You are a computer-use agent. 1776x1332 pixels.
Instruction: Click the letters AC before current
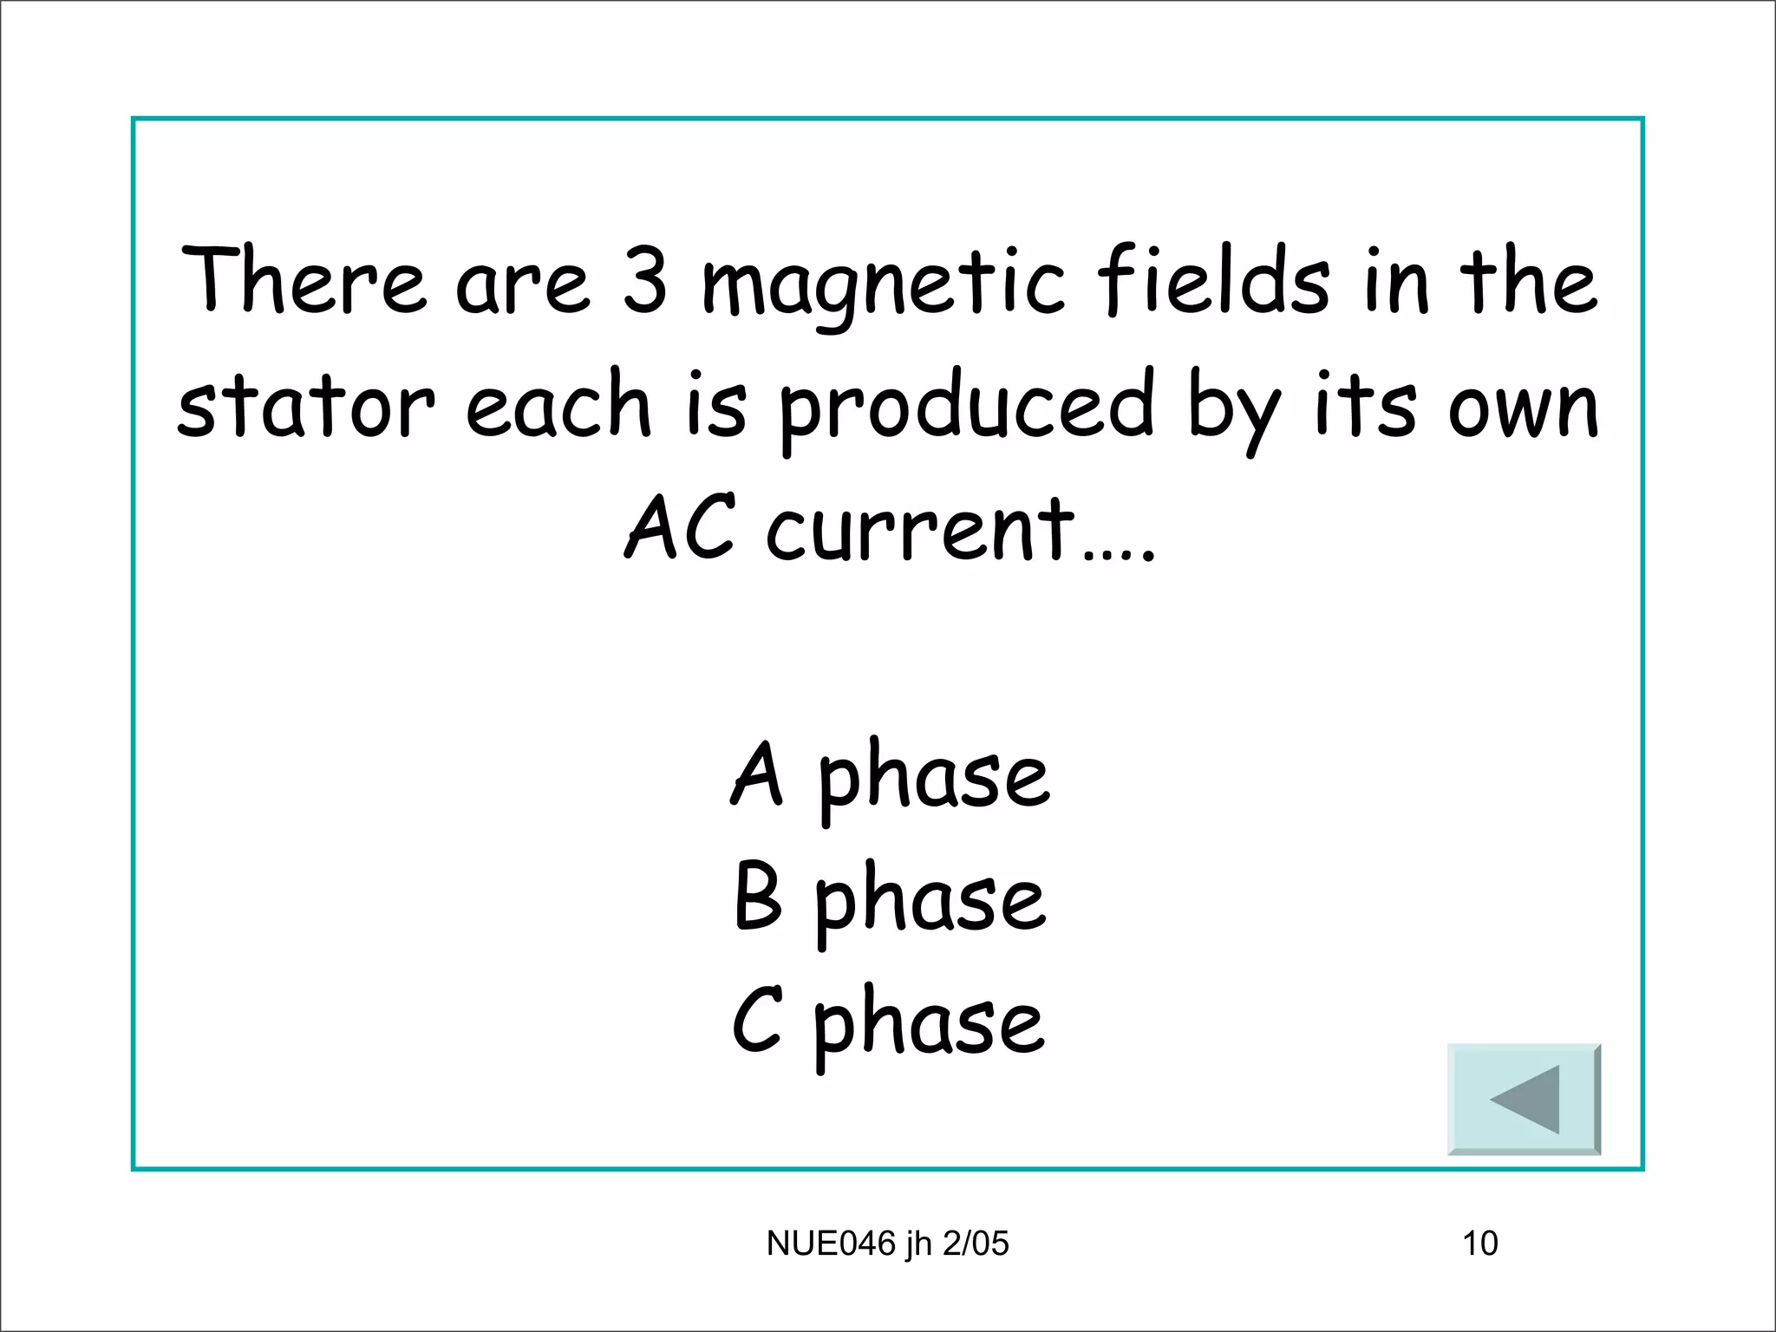pyautogui.click(x=681, y=527)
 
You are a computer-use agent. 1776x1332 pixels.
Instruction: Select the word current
pyautogui.click(x=921, y=529)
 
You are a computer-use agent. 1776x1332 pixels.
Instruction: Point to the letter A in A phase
pyautogui.click(x=757, y=774)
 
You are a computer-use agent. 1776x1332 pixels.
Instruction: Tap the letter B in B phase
pyautogui.click(x=758, y=898)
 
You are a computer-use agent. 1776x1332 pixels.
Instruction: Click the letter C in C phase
pyautogui.click(x=757, y=1021)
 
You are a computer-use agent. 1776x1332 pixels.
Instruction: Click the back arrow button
pyautogui.click(x=1524, y=1099)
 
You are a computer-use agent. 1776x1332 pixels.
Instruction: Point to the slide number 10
pyautogui.click(x=1480, y=1244)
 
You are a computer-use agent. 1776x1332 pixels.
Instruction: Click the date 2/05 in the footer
pyautogui.click(x=976, y=1244)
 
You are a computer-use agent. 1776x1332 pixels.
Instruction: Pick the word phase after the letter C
pyautogui.click(x=930, y=1025)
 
